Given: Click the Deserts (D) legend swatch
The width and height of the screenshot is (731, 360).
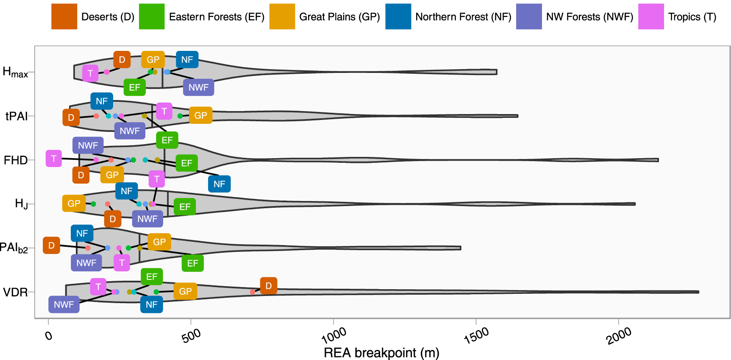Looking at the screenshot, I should click(x=64, y=17).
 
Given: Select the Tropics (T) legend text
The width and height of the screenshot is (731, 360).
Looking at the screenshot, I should click(x=692, y=17).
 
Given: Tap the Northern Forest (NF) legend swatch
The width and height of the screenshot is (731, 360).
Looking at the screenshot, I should click(x=398, y=17).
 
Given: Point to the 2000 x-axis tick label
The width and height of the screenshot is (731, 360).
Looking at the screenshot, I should click(x=619, y=336).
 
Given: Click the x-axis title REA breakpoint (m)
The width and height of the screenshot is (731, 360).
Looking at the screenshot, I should click(x=381, y=353).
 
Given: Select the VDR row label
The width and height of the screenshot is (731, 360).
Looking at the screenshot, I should click(x=15, y=292).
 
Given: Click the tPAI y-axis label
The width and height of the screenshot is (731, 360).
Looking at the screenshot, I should click(x=16, y=116).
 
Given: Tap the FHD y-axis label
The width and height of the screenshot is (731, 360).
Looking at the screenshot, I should click(x=15, y=160).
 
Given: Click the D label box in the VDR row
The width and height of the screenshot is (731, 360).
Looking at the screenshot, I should click(x=269, y=286).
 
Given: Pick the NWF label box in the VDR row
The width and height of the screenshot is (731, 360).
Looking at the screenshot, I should click(x=64, y=304).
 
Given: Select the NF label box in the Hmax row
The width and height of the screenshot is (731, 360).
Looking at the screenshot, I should click(x=187, y=60).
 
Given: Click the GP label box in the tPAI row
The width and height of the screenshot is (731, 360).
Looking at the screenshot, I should click(x=200, y=115).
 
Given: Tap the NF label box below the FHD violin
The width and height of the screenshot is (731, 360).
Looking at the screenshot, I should click(x=219, y=184).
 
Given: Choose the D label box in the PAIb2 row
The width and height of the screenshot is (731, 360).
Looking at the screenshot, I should click(x=51, y=246).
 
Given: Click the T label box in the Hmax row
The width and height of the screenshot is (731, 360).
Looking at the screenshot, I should click(x=90, y=73).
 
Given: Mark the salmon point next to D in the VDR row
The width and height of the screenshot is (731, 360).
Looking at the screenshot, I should click(x=253, y=292).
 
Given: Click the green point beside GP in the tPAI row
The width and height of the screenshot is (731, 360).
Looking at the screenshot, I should click(x=180, y=116).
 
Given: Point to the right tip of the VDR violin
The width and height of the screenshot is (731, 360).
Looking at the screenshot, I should click(x=698, y=292).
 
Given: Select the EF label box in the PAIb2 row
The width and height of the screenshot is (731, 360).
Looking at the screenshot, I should click(x=192, y=263).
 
